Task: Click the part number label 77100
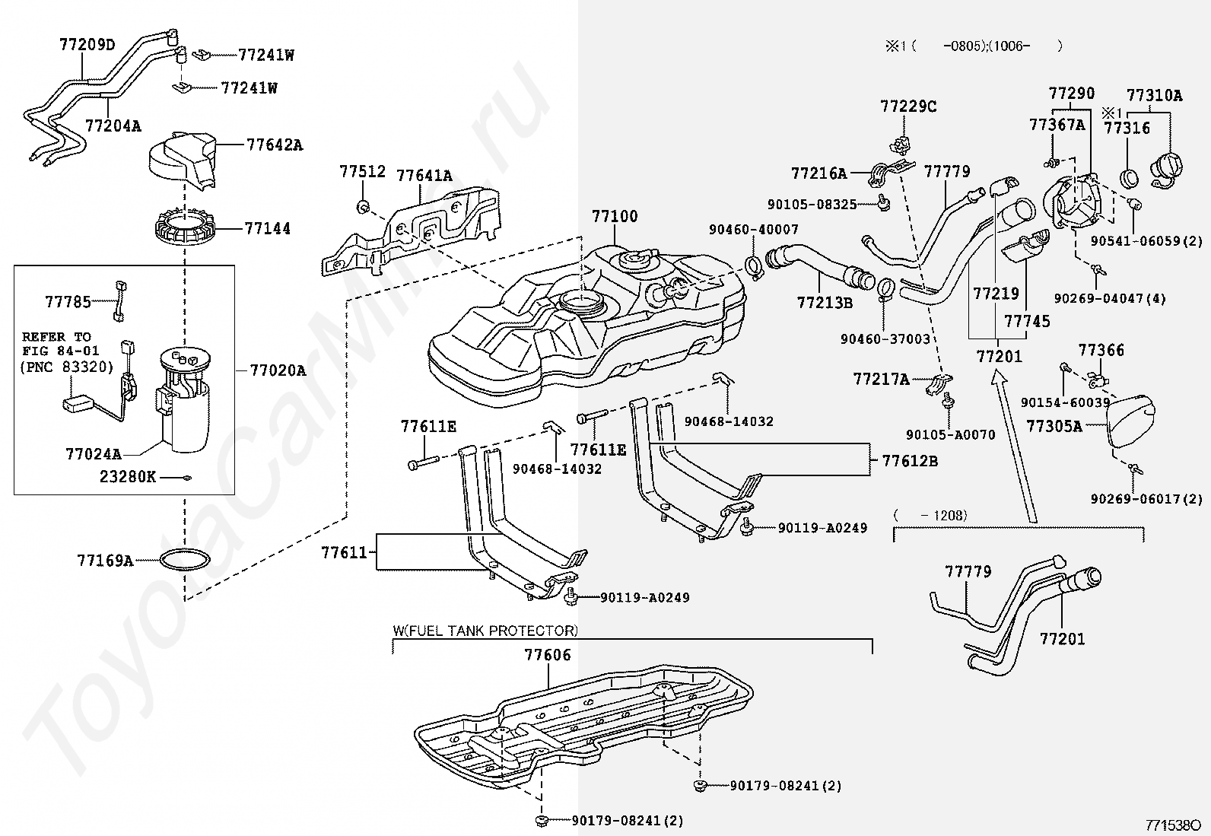coord(615,216)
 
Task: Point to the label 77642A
coord(275,145)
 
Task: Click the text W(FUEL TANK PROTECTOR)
coord(485,631)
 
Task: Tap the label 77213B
coord(825,303)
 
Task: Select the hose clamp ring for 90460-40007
coord(755,266)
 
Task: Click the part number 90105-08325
coord(812,205)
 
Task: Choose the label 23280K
coord(128,476)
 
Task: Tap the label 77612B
coord(910,461)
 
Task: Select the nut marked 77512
coord(364,205)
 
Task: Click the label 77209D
coord(87,44)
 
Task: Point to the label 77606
coord(547,655)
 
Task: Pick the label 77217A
coord(881,379)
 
